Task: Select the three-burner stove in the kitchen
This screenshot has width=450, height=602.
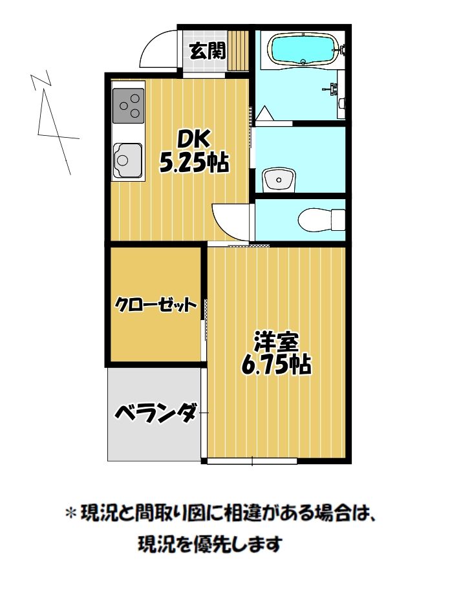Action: coord(128,106)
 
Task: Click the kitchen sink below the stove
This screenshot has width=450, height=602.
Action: coord(127,158)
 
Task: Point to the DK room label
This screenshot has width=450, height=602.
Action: coord(193,140)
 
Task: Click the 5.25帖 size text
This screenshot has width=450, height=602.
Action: coord(194,164)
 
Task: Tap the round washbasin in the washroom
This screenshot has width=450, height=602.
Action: coord(279,178)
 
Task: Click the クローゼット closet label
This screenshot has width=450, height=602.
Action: coord(155,305)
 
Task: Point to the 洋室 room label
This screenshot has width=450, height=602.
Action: coord(276,340)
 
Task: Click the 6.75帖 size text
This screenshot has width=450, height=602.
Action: coord(276,365)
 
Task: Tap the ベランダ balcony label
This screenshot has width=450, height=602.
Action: coord(155,412)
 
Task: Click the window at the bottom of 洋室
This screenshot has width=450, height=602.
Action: coord(252,461)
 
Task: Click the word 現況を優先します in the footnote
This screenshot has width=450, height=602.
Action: coord(210,544)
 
